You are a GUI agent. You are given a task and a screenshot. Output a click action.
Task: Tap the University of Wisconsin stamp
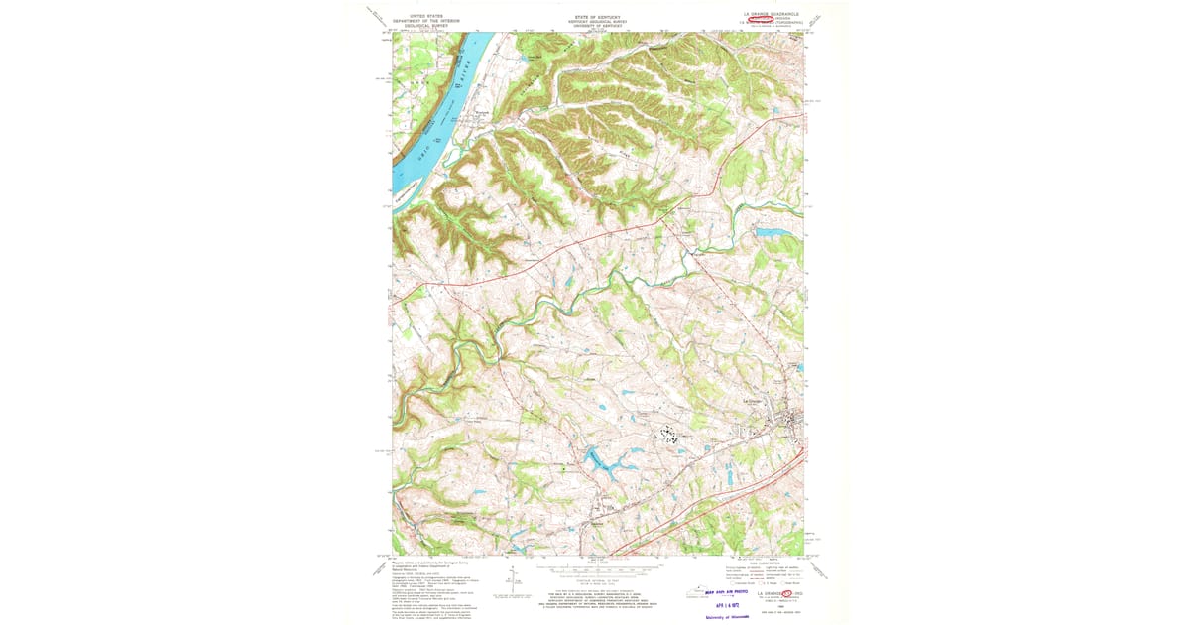coord(729,615)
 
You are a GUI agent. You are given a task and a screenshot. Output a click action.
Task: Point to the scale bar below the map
coord(596,571)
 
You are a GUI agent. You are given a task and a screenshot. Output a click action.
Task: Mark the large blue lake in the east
coord(773,234)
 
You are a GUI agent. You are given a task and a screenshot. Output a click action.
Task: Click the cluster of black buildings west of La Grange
coord(671,434)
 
